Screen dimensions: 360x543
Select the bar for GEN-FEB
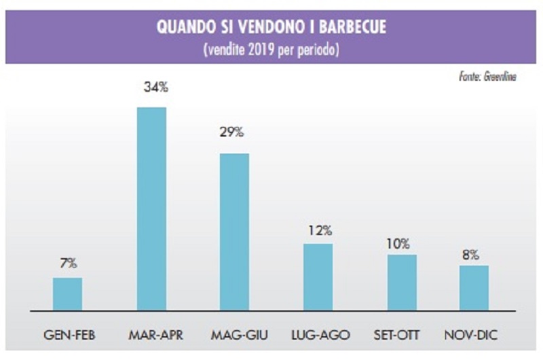point(67,293)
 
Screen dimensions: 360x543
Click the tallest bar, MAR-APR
point(151,209)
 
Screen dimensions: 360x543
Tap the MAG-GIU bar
point(234,232)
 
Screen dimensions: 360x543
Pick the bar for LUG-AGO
point(318,276)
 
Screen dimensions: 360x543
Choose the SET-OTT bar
point(402,282)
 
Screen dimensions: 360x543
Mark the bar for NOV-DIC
point(474,287)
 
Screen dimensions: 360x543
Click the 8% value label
point(470,255)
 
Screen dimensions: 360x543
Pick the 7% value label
point(68,262)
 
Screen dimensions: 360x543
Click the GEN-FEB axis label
point(68,336)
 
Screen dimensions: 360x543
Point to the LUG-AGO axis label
point(318,336)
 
